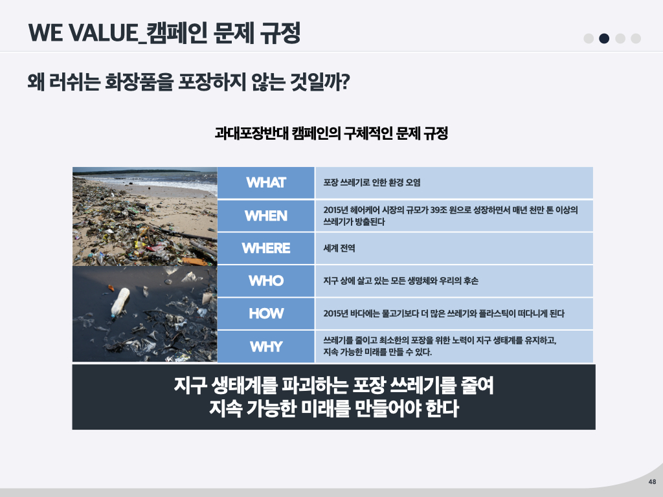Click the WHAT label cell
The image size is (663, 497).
pyautogui.click(x=266, y=182)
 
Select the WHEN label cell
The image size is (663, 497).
pyautogui.click(x=266, y=215)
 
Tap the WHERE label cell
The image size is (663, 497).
pyautogui.click(x=266, y=248)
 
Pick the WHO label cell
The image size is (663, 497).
pyautogui.click(x=266, y=281)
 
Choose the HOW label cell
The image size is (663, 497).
pyautogui.click(x=266, y=314)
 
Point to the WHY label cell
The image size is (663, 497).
pyautogui.click(x=266, y=347)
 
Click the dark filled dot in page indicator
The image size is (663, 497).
pyautogui.click(x=604, y=38)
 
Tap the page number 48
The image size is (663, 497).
pyautogui.click(x=652, y=481)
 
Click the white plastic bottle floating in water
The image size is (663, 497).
pyautogui.click(x=119, y=302)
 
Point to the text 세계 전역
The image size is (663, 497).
pyautogui.click(x=339, y=248)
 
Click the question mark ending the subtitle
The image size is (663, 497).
pyautogui.click(x=344, y=82)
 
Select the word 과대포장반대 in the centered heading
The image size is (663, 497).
pyautogui.click(x=251, y=133)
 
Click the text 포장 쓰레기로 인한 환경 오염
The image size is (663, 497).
pyautogui.click(x=372, y=182)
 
